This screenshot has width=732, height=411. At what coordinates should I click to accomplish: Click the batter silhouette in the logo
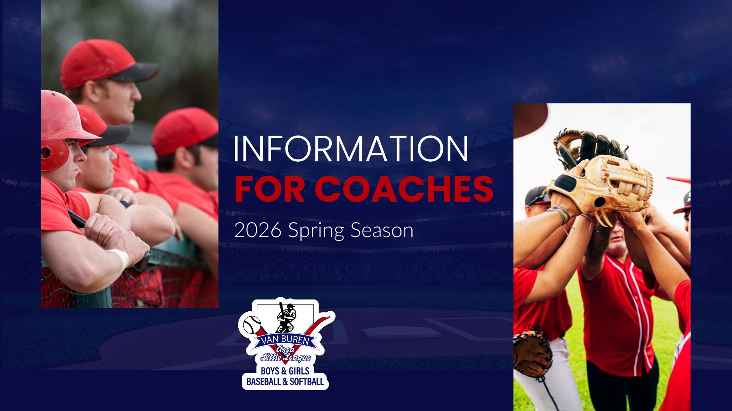[x=286, y=317]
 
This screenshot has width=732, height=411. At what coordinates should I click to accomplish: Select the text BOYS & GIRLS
[x=285, y=371]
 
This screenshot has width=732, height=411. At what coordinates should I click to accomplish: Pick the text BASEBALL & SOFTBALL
[x=285, y=381]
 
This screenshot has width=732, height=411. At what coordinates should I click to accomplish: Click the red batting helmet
[x=63, y=129]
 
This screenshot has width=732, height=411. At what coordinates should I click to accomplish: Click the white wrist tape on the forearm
[x=121, y=258]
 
